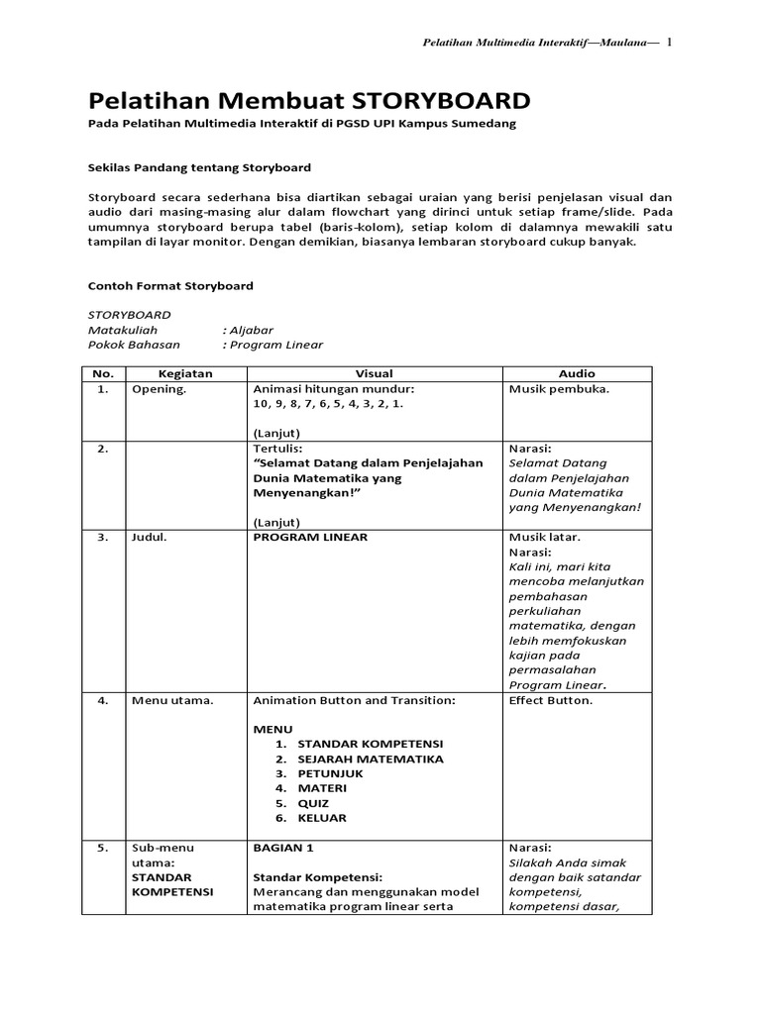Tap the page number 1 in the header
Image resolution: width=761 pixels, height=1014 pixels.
click(669, 43)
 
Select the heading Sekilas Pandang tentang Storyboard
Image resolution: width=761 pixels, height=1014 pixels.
click(199, 168)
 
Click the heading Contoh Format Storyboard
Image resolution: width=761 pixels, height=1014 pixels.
click(170, 286)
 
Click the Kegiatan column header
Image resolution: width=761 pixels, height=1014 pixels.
click(185, 373)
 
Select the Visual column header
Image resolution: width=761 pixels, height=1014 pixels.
click(375, 373)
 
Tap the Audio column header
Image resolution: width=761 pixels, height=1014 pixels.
click(577, 373)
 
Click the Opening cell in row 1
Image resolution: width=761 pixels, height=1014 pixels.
click(159, 389)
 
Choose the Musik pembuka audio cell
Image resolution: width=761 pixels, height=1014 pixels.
click(559, 389)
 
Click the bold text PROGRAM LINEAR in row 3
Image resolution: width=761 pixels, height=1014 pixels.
click(310, 537)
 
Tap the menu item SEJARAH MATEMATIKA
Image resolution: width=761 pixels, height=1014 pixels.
click(370, 759)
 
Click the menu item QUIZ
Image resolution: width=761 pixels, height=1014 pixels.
click(313, 803)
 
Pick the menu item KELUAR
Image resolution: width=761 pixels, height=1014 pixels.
click(322, 818)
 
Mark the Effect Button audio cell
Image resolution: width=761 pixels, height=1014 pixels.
click(551, 700)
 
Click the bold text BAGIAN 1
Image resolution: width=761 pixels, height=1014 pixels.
click(283, 848)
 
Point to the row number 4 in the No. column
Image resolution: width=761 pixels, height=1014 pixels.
click(103, 700)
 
